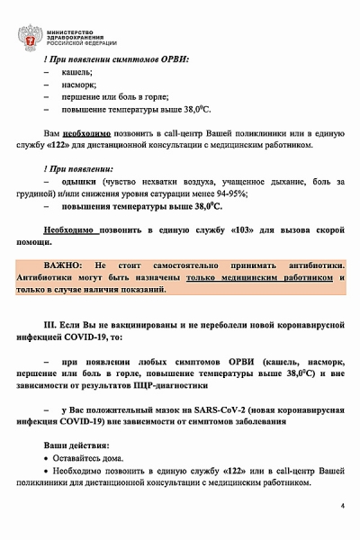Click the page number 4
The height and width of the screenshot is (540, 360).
point(342,506)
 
